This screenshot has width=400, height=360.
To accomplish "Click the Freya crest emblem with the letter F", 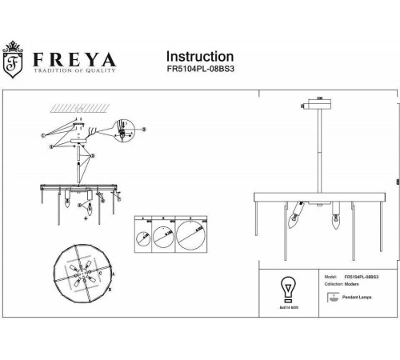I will (14, 63).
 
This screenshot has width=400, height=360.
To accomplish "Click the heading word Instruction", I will (199, 57).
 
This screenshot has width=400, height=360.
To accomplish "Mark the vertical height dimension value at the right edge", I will (398, 181).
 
